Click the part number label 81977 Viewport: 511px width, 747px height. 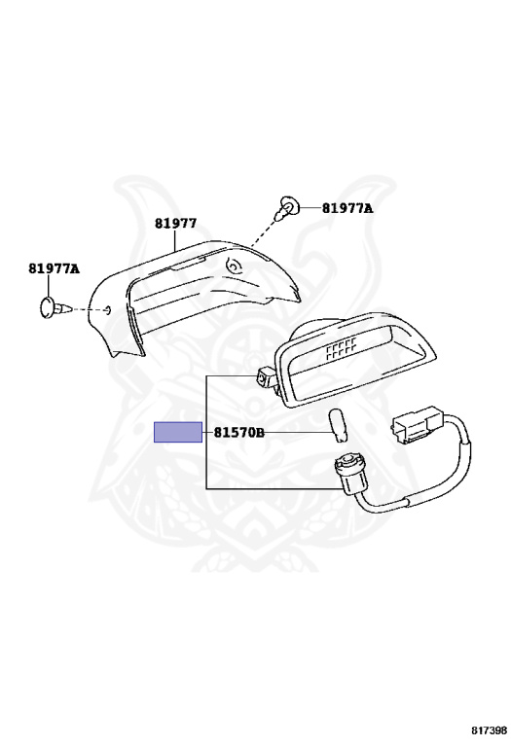click(175, 224)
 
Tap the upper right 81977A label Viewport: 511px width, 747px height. click(347, 208)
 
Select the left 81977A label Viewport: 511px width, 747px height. click(54, 268)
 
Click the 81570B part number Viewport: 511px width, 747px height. click(238, 433)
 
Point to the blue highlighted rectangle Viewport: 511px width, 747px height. click(178, 432)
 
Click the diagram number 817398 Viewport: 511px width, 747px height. click(489, 730)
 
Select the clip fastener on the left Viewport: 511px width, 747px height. click(54, 306)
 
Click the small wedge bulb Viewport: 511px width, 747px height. click(339, 426)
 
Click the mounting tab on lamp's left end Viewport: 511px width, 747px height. click(264, 376)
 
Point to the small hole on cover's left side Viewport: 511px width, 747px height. click(107, 310)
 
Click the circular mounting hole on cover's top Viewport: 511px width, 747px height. click(234, 265)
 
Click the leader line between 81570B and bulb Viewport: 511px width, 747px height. click(298, 433)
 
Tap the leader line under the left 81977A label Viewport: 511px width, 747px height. click(49, 285)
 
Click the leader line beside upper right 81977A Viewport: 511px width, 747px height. click(310, 208)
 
